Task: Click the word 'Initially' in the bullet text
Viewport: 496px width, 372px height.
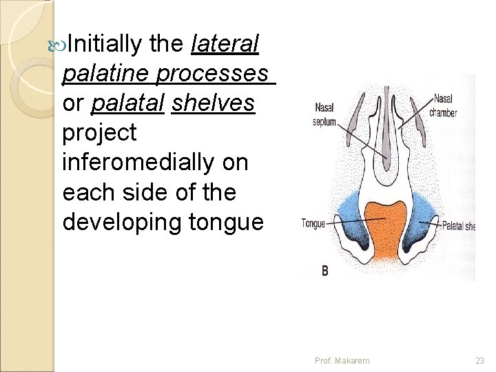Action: click(103, 45)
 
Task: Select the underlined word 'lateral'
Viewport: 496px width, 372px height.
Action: click(225, 45)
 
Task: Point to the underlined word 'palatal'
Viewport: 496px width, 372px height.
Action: click(127, 103)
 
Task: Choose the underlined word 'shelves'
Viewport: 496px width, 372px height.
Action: click(213, 103)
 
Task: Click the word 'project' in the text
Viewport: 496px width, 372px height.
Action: click(99, 134)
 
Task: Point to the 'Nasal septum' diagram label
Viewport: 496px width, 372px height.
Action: click(325, 114)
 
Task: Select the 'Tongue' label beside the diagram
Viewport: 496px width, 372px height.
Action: click(313, 223)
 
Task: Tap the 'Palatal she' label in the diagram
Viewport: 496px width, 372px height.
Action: click(457, 225)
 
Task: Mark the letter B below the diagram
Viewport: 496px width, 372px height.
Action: click(324, 271)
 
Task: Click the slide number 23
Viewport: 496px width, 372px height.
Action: click(479, 360)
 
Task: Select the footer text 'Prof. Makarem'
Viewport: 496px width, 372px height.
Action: click(342, 360)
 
